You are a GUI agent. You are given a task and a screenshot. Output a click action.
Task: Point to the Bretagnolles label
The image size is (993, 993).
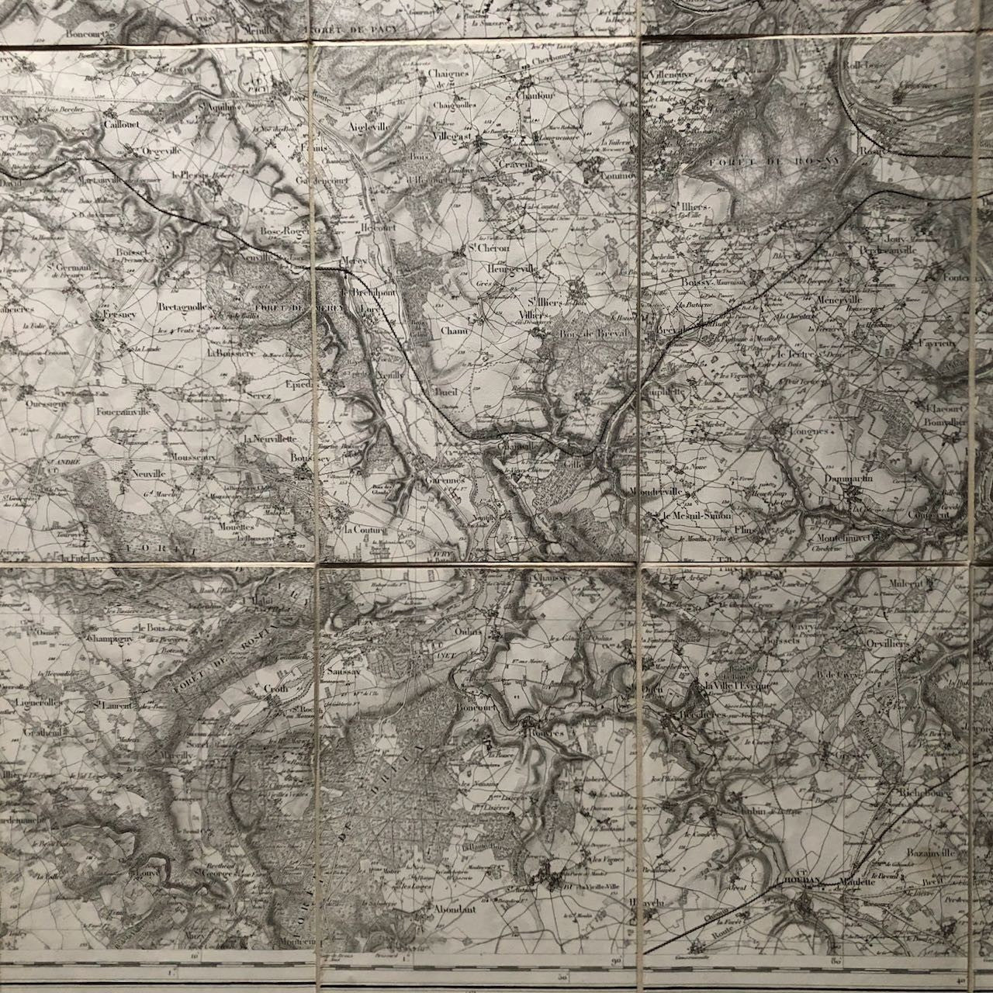pos(184,308)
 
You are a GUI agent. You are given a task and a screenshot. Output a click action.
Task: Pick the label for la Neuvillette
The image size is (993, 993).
pos(269,438)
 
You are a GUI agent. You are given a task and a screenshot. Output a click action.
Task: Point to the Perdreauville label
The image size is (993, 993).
pos(887,251)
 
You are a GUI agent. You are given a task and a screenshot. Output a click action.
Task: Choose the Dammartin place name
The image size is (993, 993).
pos(849,480)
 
